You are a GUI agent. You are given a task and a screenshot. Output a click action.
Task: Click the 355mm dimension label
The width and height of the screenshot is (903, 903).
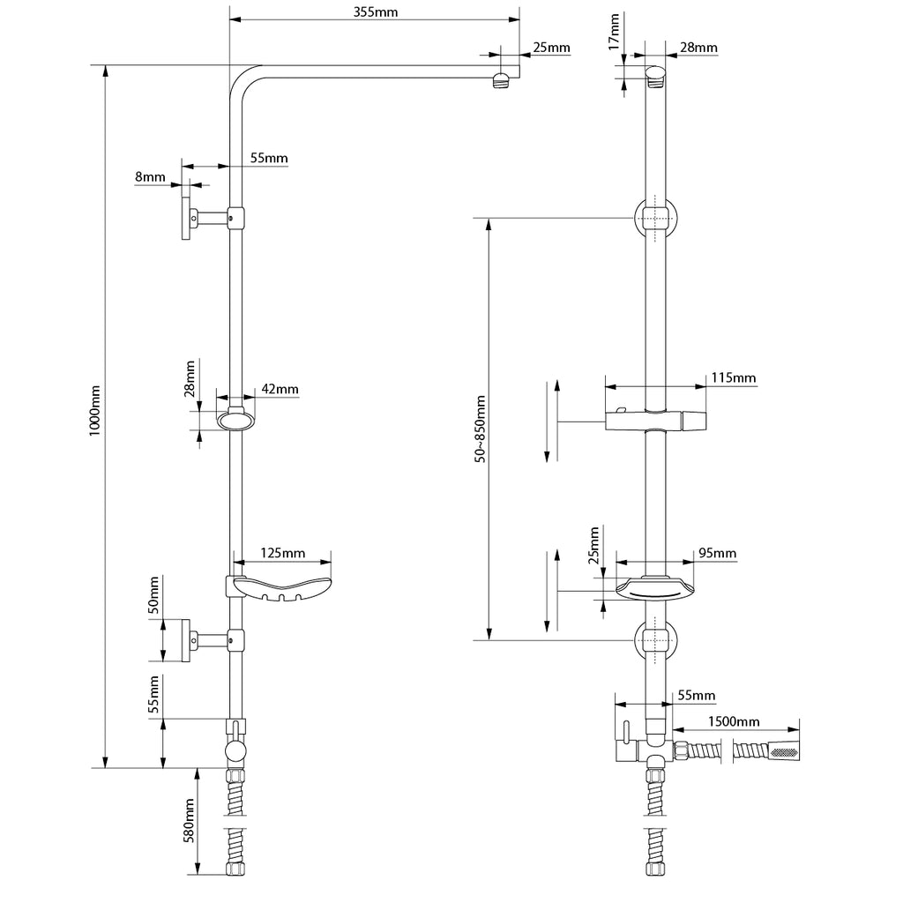click(x=376, y=11)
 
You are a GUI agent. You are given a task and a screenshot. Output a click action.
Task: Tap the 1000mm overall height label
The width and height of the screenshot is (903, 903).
click(x=95, y=411)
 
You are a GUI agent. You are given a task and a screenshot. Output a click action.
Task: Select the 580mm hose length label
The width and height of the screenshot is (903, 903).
click(x=189, y=821)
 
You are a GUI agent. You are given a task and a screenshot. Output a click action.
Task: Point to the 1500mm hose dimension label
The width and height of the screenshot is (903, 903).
click(x=734, y=721)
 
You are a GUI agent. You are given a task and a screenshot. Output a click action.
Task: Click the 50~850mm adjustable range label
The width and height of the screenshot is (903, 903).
click(x=481, y=429)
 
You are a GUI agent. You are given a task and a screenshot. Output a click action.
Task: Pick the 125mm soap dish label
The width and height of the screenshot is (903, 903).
click(x=283, y=553)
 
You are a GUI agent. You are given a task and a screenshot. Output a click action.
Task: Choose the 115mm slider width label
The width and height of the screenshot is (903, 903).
click(x=734, y=377)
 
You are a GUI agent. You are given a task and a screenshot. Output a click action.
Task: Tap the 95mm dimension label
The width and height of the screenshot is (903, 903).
click(x=718, y=553)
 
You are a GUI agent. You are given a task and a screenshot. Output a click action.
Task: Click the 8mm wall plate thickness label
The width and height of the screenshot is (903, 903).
click(x=150, y=176)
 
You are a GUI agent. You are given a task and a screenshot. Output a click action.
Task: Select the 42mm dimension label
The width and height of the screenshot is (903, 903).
click(x=280, y=389)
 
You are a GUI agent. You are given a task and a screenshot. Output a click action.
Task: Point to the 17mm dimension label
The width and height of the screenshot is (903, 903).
click(x=614, y=32)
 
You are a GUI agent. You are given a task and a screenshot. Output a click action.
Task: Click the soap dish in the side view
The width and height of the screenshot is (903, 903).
click(x=281, y=589)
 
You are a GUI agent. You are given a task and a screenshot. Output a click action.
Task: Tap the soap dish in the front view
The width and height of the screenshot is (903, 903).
click(x=655, y=590)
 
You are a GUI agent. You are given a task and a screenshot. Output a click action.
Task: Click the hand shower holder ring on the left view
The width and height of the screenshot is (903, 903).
click(x=235, y=419)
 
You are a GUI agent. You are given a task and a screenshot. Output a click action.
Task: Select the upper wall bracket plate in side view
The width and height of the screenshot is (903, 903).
click(x=186, y=218)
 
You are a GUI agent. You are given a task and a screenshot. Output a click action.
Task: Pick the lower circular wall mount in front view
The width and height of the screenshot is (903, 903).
click(x=655, y=640)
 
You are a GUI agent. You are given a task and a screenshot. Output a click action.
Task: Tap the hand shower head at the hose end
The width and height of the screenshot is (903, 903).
click(x=783, y=751)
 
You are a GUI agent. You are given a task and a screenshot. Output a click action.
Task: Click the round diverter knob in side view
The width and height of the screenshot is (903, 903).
click(x=235, y=751)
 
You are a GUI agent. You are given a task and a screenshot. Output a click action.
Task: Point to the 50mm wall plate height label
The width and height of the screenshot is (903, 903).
click(x=153, y=594)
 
